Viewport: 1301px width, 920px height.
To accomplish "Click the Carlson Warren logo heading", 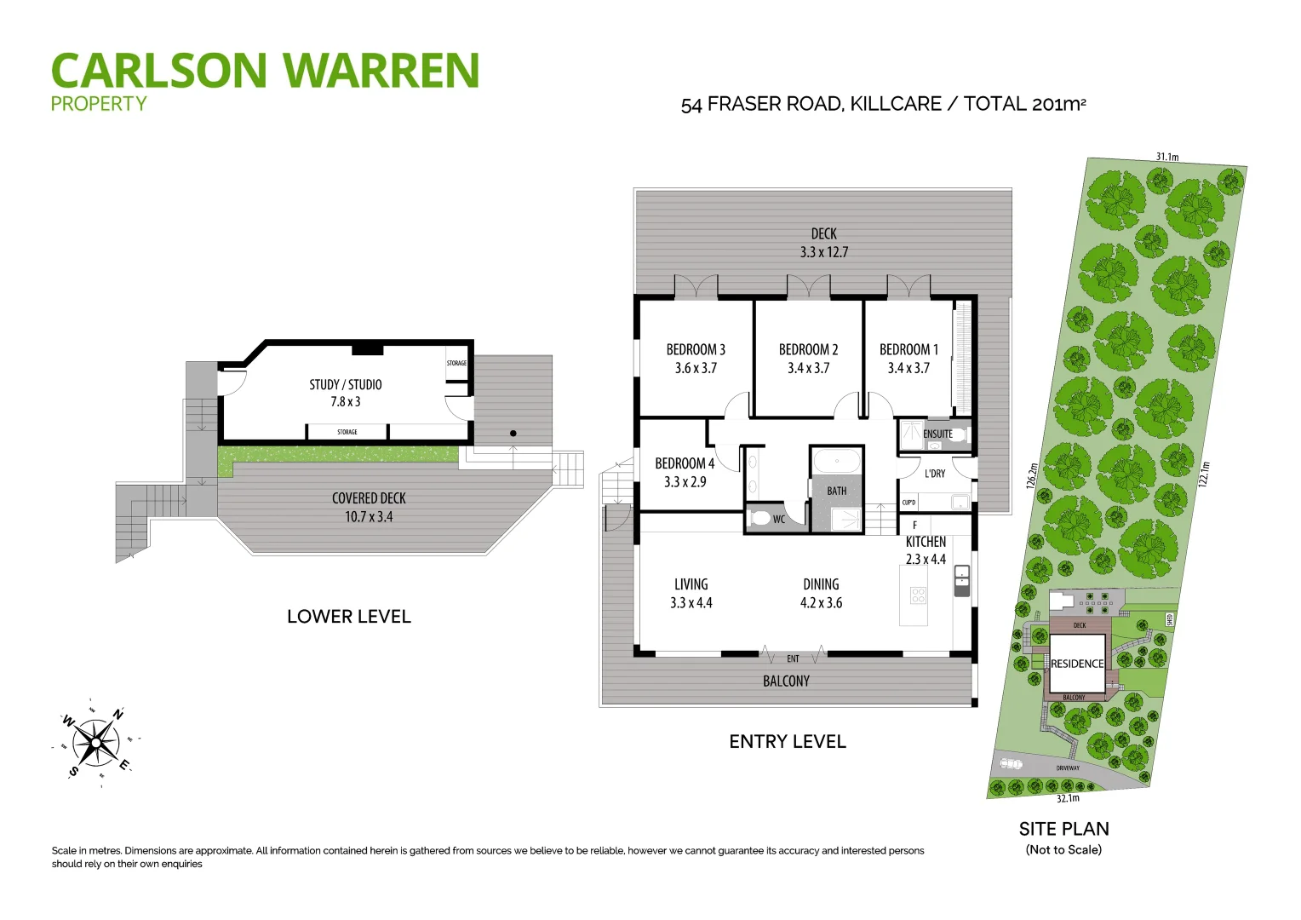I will (x=265, y=71).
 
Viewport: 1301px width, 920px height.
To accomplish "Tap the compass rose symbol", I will (x=95, y=743).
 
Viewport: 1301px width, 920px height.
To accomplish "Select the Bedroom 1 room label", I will (x=908, y=349).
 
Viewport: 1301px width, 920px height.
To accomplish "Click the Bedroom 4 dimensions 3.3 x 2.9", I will (x=685, y=482).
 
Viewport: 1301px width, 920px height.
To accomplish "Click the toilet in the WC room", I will (x=759, y=518).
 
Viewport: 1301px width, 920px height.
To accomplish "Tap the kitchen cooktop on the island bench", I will (x=918, y=595).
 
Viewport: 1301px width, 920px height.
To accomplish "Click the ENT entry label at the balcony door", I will (x=793, y=658).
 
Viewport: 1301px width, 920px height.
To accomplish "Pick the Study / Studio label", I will (x=346, y=385).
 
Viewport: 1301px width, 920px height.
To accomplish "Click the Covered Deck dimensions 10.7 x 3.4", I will (x=369, y=517).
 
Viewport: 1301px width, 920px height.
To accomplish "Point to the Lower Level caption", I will (x=349, y=617).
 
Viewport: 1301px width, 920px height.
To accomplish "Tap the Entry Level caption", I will (x=788, y=742).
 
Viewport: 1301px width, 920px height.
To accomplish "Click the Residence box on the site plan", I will (x=1076, y=664).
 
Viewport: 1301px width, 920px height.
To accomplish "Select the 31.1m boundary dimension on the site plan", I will (x=1166, y=157).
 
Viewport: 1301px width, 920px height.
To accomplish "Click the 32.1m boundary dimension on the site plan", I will (x=1068, y=799).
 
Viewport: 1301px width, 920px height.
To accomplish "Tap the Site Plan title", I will (x=1063, y=829).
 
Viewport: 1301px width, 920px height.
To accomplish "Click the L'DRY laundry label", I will (x=935, y=474).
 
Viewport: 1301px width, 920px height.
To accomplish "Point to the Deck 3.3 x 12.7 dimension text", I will (x=823, y=252).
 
